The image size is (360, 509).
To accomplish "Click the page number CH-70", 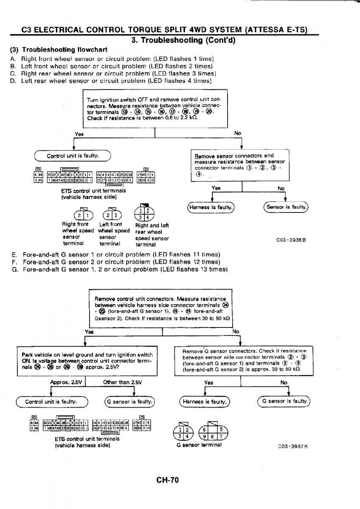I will pos(167,480).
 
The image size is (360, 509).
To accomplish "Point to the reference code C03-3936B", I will pos(291,240).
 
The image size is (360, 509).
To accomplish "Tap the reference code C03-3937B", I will pos(292,446).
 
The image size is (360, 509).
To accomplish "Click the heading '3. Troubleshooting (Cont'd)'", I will pos(183,41).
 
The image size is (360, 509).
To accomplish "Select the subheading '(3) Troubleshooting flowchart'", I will pos(59,50).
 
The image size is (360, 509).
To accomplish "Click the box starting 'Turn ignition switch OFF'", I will pos(155,109).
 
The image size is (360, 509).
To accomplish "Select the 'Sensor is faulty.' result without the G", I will pos(286,207).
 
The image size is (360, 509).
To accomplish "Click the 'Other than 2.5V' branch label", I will pos(122,382).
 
